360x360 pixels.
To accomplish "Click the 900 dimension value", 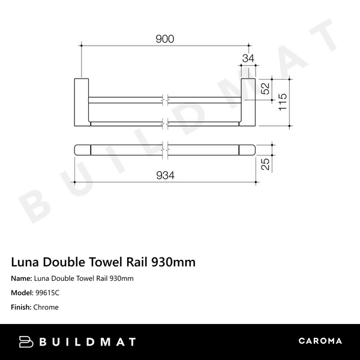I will click(x=165, y=39).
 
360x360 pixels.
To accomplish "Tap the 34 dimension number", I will click(x=247, y=58).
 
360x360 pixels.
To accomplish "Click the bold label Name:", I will click(x=22, y=278).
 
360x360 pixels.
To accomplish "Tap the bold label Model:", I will click(x=23, y=293).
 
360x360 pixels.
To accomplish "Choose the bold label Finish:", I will click(x=22, y=307).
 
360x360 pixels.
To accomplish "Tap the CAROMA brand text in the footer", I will click(x=320, y=341).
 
